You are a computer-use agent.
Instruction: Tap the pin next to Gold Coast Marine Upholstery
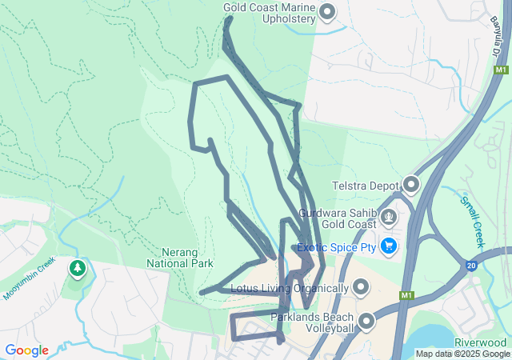pos(326,12)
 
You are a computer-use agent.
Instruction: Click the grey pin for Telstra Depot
pos(411,186)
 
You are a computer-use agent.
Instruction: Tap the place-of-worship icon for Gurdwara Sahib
pos(390,216)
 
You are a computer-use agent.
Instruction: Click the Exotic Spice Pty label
pos(336,247)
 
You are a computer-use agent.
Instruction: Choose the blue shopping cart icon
pos(390,246)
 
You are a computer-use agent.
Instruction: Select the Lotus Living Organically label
pos(288,287)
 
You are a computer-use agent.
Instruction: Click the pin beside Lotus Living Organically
pos(361,286)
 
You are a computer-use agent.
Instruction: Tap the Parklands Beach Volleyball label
pos(311,322)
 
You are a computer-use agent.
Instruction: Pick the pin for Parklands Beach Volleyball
pos(366,322)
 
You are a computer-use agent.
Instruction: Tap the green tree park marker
pos(78,268)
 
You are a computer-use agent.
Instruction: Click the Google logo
pos(26,350)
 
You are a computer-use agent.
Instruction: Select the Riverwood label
pos(480,342)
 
